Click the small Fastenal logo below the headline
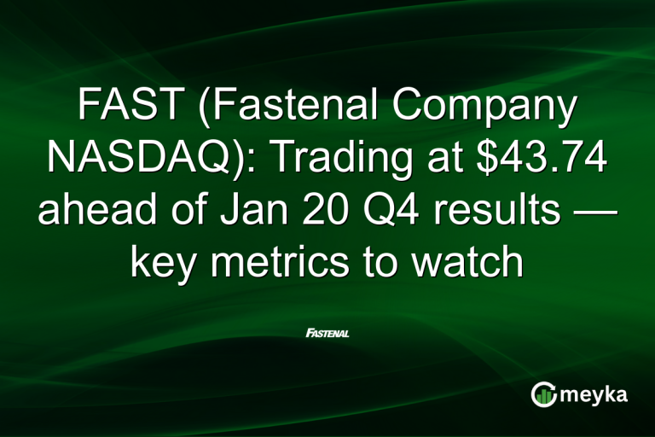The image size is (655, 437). click(327, 332)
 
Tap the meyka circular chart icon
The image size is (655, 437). click(543, 394)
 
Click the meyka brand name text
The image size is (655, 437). click(595, 395)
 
